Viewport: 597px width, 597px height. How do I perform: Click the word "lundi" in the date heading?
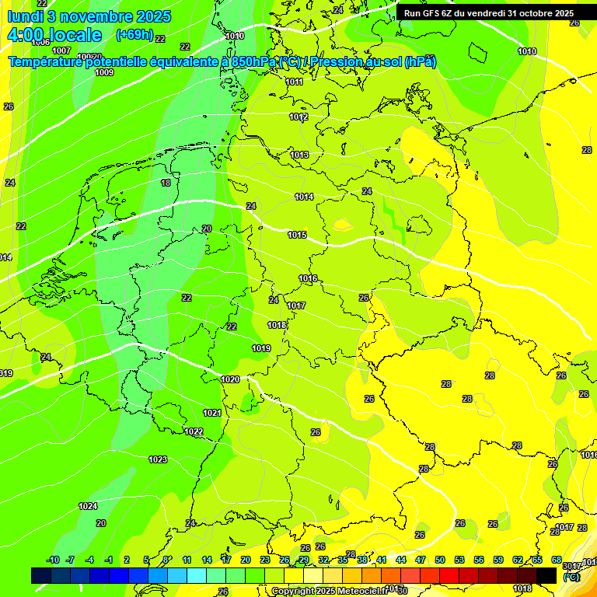pyautogui.click(x=24, y=16)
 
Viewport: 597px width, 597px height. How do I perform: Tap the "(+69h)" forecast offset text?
pyautogui.click(x=133, y=35)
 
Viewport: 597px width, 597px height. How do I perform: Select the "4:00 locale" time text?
pyautogui.click(x=54, y=35)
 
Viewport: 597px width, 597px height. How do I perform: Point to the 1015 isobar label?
pyautogui.click(x=297, y=235)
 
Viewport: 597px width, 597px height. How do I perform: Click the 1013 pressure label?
pyautogui.click(x=299, y=155)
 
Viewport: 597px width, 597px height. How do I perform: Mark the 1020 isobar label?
pyautogui.click(x=230, y=379)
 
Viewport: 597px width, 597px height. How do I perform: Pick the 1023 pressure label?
pyautogui.click(x=158, y=459)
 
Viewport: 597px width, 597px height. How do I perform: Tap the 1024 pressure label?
pyautogui.click(x=88, y=506)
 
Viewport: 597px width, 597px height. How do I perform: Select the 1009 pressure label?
pyautogui.click(x=104, y=72)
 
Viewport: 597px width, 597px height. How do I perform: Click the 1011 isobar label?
pyautogui.click(x=294, y=82)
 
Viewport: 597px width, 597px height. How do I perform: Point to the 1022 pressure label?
pyautogui.click(x=194, y=431)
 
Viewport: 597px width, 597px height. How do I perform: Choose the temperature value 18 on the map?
pyautogui.click(x=165, y=183)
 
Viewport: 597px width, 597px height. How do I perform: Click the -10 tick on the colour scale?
pyautogui.click(x=53, y=560)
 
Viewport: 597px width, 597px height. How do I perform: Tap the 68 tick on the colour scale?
pyautogui.click(x=557, y=560)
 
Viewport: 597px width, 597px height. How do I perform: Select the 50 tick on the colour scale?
pyautogui.click(x=440, y=560)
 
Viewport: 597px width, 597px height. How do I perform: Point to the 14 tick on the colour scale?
pyautogui.click(x=207, y=560)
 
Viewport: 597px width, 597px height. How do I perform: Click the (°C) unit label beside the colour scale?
pyautogui.click(x=571, y=577)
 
